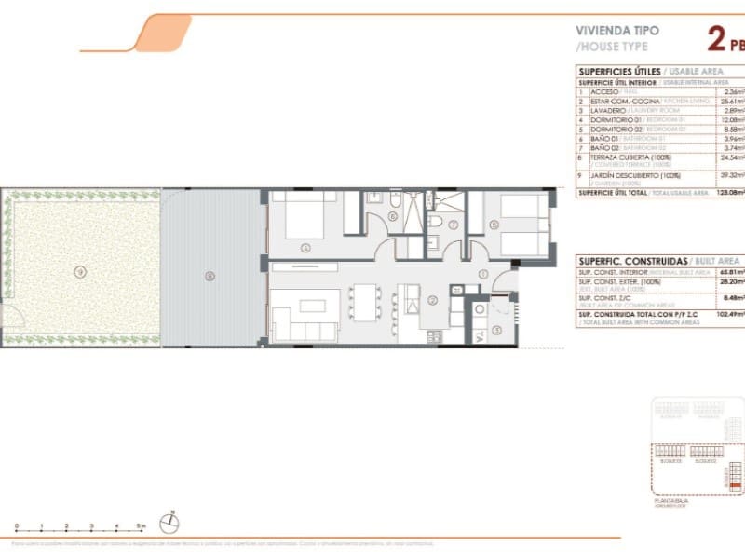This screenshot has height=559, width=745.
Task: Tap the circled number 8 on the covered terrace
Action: coord(210,275)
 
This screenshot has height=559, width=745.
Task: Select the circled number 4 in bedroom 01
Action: coord(305,248)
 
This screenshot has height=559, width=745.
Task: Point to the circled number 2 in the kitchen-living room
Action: coord(432,299)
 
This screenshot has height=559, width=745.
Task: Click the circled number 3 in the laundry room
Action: coord(496,329)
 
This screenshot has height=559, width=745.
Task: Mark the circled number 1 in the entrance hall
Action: coord(483,274)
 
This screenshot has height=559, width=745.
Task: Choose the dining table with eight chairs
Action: coord(365,300)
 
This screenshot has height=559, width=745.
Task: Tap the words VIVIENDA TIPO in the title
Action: coord(617,30)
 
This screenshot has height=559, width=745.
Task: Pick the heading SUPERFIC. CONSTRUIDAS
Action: coord(631,261)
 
